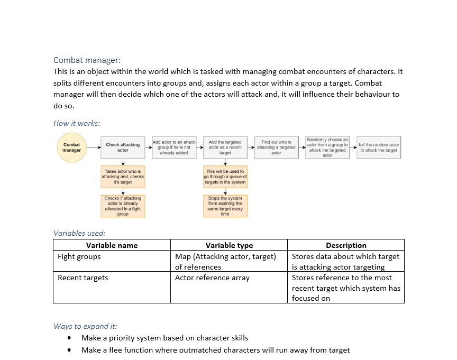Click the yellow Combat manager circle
tap(72, 147)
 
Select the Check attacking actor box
tap(123, 147)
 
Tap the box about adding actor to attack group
tap(174, 147)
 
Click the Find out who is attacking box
tap(276, 147)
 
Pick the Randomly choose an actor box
tap(327, 147)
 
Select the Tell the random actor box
tap(378, 147)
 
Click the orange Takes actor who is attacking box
tap(123, 177)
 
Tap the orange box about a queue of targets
tap(225, 177)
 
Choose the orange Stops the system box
tap(225, 206)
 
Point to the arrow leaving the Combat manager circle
tap(94, 147)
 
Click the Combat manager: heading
tap(87, 60)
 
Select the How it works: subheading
tap(77, 123)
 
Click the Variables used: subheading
tap(79, 233)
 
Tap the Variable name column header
tap(112, 245)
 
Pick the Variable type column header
tap(229, 245)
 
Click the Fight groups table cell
tap(79, 256)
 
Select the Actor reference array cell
tap(212, 278)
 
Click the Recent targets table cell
tap(84, 278)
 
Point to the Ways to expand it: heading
tap(85, 326)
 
